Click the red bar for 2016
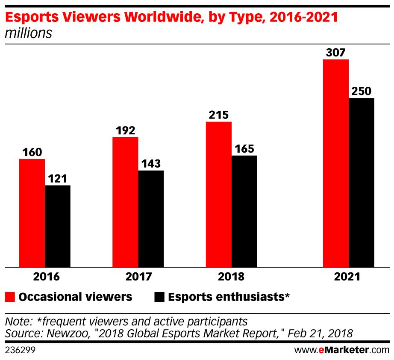tap(32, 213)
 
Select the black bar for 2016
tap(58, 226)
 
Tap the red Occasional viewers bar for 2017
tap(125, 202)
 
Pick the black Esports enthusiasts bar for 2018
tap(244, 211)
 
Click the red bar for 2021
tap(336, 163)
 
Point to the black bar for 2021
tap(362, 183)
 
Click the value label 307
tap(335, 53)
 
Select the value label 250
tap(361, 91)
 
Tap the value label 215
tap(218, 115)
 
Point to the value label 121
tap(57, 179)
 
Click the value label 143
tap(151, 164)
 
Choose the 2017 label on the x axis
tap(138, 277)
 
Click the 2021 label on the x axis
tap(348, 277)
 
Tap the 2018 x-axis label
tap(231, 277)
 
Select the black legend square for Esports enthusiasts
tap(159, 297)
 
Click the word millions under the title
tap(28, 33)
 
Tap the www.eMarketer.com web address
tap(341, 350)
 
